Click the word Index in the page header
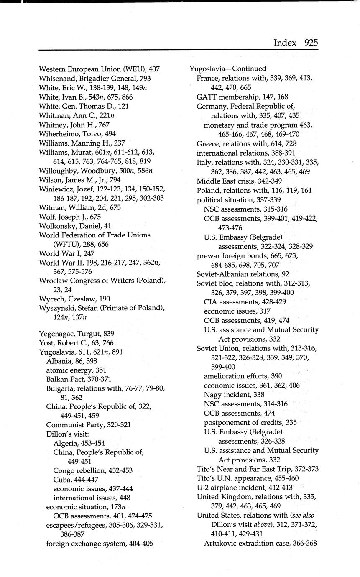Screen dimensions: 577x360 (285, 42)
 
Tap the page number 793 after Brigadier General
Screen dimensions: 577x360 (143, 78)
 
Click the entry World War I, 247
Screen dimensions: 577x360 (67, 253)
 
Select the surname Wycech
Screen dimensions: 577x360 (51, 299)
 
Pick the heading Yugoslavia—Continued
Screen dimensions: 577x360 (227, 69)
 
